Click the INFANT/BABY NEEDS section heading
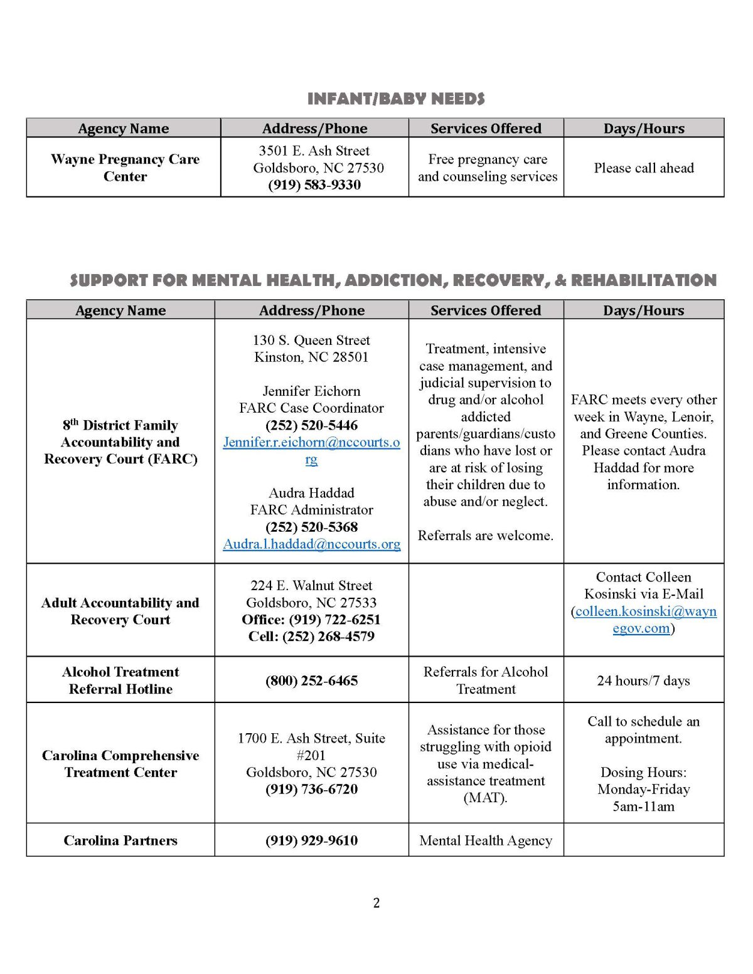[x=396, y=99]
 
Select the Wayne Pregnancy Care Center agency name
[x=125, y=167]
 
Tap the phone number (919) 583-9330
[x=314, y=185]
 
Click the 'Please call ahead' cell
[x=644, y=168]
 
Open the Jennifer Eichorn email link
[x=311, y=443]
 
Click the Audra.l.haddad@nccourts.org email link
[x=311, y=544]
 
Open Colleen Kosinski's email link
[x=645, y=611]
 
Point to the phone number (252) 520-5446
[x=311, y=425]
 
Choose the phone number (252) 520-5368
[x=311, y=527]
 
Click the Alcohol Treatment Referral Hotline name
[x=120, y=680]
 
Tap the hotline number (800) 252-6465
[x=311, y=681]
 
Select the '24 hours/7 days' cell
[x=643, y=681]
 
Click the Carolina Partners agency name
[x=120, y=840]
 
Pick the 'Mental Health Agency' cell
[x=486, y=840]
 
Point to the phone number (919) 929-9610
[x=311, y=840]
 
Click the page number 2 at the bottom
[x=376, y=903]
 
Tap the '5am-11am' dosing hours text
[x=643, y=807]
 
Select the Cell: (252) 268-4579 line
[x=311, y=637]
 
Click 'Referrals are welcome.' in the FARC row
[x=486, y=536]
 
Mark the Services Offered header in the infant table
[x=486, y=129]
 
